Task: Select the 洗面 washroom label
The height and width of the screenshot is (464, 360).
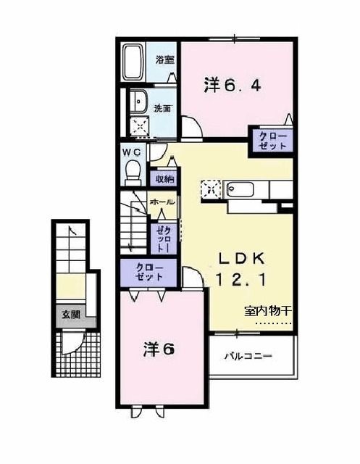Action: pyautogui.click(x=162, y=109)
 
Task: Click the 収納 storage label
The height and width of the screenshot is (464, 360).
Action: pyautogui.click(x=163, y=178)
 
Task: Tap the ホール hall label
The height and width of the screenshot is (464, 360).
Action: pyautogui.click(x=161, y=202)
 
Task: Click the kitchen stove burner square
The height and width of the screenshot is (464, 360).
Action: pyautogui.click(x=211, y=188)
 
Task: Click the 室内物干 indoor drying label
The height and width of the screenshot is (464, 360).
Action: pyautogui.click(x=267, y=311)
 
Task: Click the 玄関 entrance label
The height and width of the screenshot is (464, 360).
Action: pyautogui.click(x=70, y=315)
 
